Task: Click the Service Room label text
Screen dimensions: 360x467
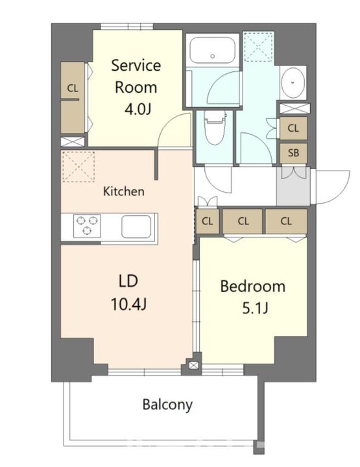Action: (136, 77)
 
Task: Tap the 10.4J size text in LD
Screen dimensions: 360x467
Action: (128, 304)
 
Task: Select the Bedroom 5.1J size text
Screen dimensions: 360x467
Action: (256, 308)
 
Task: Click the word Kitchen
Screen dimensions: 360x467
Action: (124, 191)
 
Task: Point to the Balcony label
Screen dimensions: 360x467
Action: (167, 405)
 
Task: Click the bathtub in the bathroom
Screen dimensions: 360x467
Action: (213, 50)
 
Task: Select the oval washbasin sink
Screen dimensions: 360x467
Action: (293, 82)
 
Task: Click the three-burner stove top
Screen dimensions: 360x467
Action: (87, 226)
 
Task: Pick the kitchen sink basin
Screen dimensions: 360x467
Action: (136, 226)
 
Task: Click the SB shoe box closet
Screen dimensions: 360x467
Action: (293, 153)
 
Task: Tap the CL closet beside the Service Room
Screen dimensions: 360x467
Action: (73, 98)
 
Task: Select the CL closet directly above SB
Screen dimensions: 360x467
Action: (293, 128)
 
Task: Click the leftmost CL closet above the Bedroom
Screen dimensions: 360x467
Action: (208, 221)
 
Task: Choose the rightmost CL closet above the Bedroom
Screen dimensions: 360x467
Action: (286, 221)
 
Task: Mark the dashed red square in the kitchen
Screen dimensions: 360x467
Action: (78, 167)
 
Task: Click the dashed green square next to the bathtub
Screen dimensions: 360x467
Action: (258, 47)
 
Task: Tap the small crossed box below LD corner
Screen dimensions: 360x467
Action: (193, 365)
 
